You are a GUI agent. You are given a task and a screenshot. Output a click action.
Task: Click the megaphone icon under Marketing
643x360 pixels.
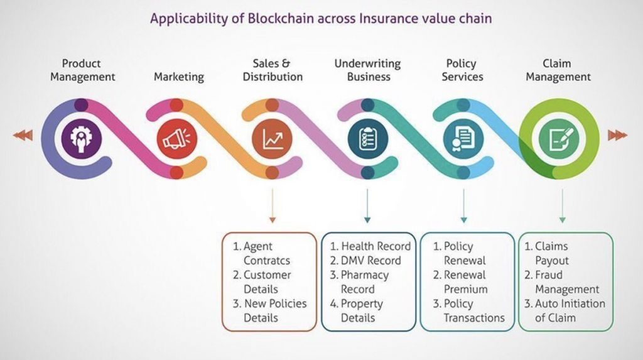coord(176,138)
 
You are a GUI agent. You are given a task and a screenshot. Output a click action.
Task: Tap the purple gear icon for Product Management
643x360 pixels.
coord(81,138)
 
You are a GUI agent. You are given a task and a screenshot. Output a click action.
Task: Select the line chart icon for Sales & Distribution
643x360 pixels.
coord(273,139)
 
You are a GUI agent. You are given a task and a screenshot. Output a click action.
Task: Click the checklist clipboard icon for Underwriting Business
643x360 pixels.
coord(368,139)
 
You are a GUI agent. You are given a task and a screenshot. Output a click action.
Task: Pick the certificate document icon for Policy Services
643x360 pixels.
coord(463,139)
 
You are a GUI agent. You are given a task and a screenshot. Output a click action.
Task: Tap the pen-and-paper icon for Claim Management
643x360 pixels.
coord(559,139)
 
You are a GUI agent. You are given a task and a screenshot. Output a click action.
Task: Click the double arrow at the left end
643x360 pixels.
coord(23,135)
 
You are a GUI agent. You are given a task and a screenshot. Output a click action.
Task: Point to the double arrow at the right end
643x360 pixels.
coord(618,135)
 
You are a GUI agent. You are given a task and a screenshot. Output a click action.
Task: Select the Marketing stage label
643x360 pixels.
coord(179,77)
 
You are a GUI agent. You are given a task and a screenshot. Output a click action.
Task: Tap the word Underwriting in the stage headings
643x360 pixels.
coord(367,63)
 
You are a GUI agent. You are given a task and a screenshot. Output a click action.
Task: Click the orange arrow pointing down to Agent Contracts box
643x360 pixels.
coord(273,205)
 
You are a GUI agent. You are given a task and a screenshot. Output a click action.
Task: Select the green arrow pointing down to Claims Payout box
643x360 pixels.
coord(562,205)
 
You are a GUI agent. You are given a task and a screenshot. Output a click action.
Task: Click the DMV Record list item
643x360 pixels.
coord(365,261)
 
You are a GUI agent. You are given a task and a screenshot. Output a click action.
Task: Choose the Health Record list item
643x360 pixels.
coord(370,246)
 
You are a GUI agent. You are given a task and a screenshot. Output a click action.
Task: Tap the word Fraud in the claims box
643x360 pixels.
coord(549,275)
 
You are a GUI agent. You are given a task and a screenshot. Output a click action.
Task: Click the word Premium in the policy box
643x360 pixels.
coord(465,290)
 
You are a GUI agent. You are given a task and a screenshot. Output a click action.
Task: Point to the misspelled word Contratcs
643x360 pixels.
coord(266,261)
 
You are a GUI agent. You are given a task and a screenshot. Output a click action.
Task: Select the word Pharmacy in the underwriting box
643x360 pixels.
coord(365,275)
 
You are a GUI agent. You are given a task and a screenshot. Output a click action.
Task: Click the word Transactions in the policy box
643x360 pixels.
coord(474,318)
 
